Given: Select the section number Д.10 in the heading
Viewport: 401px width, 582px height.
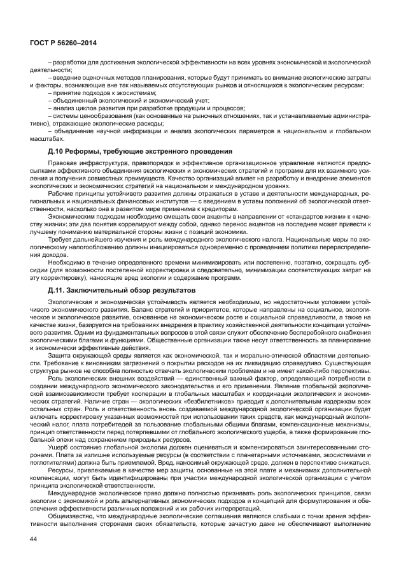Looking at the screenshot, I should (x=57, y=150).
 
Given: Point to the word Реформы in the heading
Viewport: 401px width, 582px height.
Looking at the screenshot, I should (x=90, y=150).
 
